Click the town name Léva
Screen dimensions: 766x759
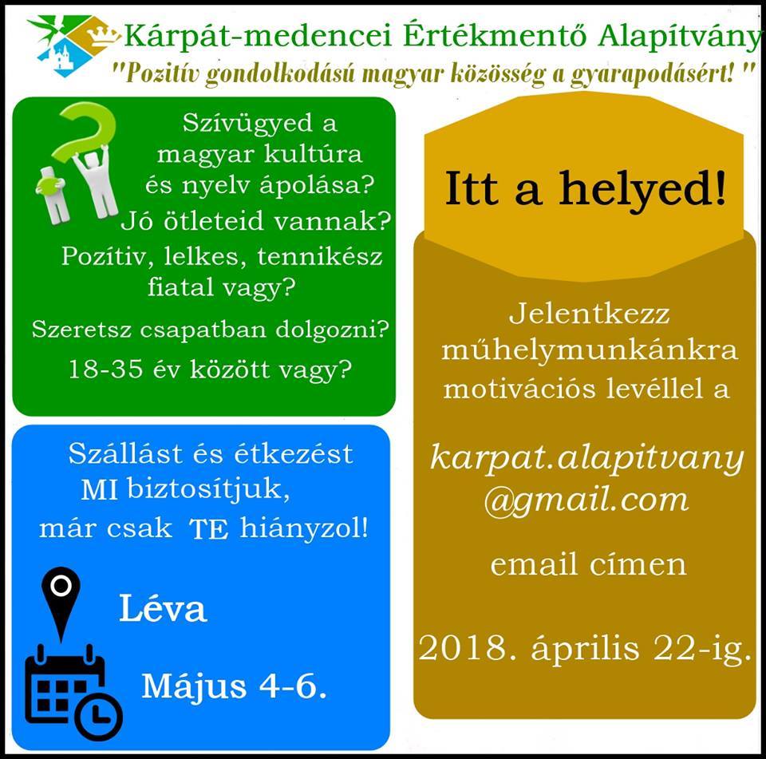pyautogui.click(x=163, y=608)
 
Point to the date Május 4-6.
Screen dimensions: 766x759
pyautogui.click(x=234, y=686)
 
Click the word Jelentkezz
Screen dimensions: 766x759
pyautogui.click(x=589, y=314)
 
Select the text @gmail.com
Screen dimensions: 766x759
pyautogui.click(x=586, y=500)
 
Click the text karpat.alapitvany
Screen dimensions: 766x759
pyautogui.click(x=586, y=459)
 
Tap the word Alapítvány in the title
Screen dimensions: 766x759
pyautogui.click(x=680, y=36)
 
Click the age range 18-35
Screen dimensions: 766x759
pyautogui.click(x=105, y=369)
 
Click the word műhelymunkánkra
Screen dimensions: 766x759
pyautogui.click(x=589, y=350)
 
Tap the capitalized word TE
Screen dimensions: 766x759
pyautogui.click(x=208, y=529)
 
